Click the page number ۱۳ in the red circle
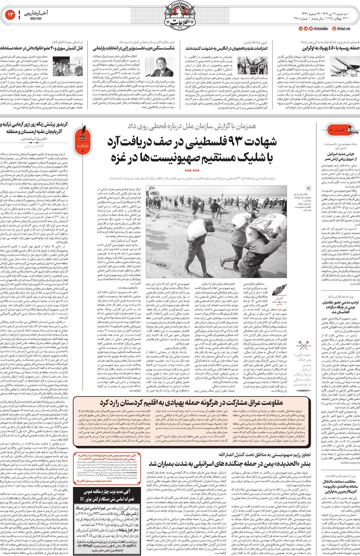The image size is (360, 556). [x=10, y=15]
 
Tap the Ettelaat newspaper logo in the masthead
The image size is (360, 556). [x=180, y=16]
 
